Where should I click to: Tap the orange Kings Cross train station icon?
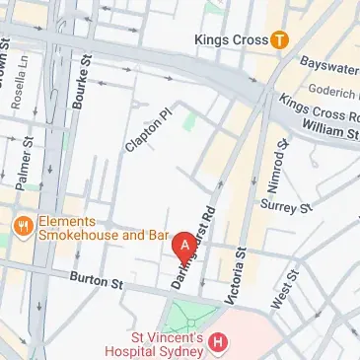(281, 40)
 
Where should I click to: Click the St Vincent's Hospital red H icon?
(218, 343)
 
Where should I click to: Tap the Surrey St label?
(286, 207)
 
